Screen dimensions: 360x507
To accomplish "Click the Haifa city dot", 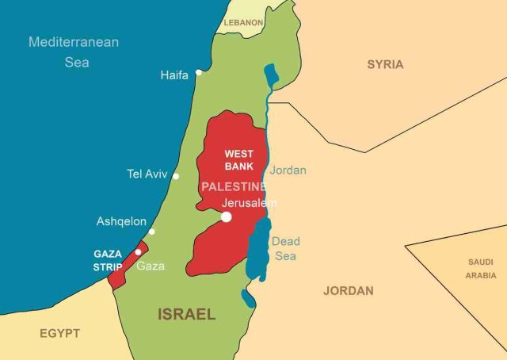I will (x=199, y=72).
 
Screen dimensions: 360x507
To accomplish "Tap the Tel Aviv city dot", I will (x=176, y=176).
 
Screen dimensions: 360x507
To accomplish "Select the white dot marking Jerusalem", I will (x=227, y=216).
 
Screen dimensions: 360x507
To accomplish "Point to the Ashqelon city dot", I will (x=152, y=232).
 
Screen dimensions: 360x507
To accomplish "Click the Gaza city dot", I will (x=138, y=252).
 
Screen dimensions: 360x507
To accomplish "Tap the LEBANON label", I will (x=243, y=23).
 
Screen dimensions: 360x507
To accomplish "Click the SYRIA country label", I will (x=385, y=64).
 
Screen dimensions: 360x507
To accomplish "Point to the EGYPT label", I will (x=60, y=333).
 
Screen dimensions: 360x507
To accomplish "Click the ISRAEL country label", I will (x=187, y=314).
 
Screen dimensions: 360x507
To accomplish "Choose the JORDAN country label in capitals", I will (x=349, y=290).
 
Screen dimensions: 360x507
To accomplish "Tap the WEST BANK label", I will (x=239, y=160).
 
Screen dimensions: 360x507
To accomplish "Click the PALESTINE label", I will (x=233, y=186).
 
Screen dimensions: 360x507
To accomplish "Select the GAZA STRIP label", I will (x=108, y=260).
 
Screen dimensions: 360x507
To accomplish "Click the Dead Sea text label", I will (x=286, y=248).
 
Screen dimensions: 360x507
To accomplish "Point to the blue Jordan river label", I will (x=288, y=170).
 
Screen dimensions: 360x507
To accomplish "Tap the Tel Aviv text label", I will (x=147, y=174).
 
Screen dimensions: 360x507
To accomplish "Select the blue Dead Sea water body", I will (x=258, y=250).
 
